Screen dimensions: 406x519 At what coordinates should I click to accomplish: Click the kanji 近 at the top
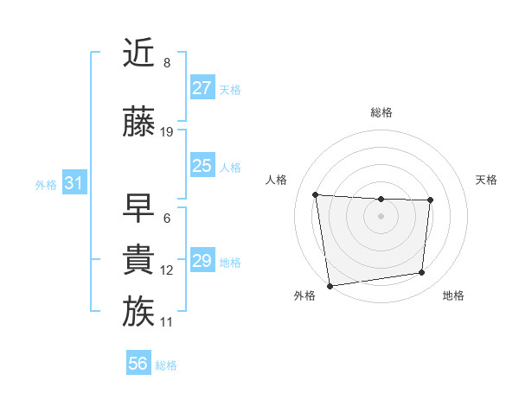click(139, 54)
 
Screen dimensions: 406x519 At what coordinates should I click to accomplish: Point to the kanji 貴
click(139, 259)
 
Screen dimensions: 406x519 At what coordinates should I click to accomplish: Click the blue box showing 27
click(202, 88)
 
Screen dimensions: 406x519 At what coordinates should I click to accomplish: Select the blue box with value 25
click(202, 166)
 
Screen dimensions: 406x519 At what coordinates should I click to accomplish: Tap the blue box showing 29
click(202, 261)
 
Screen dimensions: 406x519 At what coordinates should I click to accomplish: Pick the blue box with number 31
click(74, 183)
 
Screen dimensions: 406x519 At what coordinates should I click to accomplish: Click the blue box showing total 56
click(138, 364)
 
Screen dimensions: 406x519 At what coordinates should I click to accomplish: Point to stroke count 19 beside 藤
click(168, 132)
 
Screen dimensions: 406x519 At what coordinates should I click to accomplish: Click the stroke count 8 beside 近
click(167, 63)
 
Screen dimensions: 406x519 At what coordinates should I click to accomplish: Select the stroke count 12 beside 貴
click(167, 270)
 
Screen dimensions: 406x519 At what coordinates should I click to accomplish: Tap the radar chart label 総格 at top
click(381, 112)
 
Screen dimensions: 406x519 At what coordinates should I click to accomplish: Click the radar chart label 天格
click(487, 180)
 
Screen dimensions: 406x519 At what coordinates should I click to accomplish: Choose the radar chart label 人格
click(277, 180)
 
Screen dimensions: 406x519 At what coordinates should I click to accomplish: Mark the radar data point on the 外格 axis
click(330, 285)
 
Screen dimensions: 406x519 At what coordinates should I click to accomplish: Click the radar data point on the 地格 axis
click(422, 273)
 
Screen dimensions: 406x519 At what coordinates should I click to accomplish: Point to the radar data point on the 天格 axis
click(430, 201)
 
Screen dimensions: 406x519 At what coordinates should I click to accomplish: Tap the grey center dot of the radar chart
click(381, 216)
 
